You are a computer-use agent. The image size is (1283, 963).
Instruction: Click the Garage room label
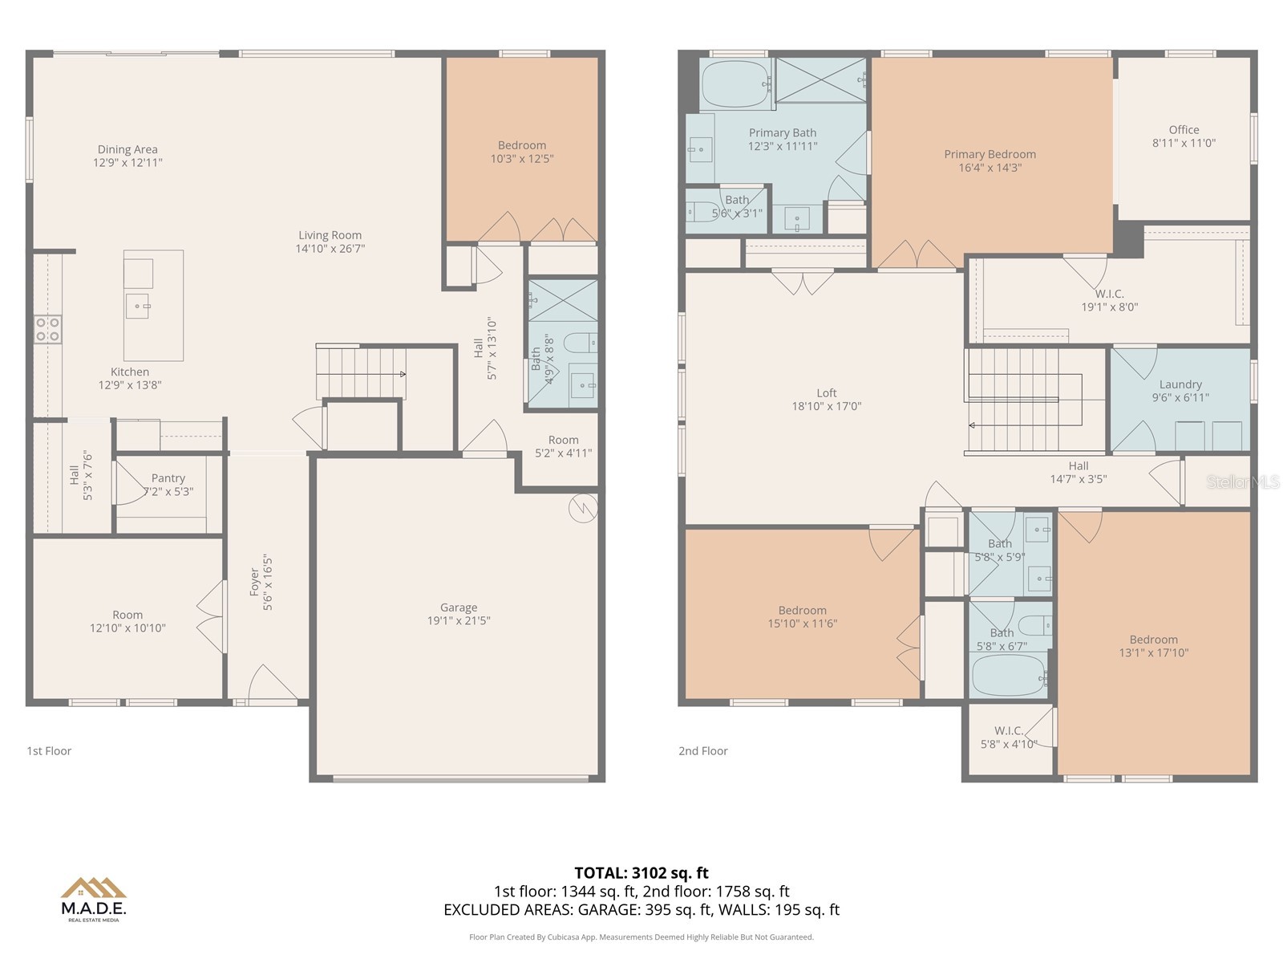pyautogui.click(x=458, y=607)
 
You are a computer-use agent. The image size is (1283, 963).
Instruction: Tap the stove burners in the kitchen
pyautogui.click(x=47, y=330)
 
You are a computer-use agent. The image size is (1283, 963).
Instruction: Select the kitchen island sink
pyautogui.click(x=137, y=306)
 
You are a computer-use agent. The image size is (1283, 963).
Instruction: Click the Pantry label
pyautogui.click(x=168, y=478)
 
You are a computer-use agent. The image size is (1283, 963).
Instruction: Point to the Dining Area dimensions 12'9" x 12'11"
pyautogui.click(x=127, y=162)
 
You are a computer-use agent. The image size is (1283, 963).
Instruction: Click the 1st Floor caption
pyautogui.click(x=49, y=751)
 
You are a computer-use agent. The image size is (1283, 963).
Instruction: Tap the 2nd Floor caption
pyautogui.click(x=703, y=751)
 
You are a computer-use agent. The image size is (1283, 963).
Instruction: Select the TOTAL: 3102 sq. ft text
pyautogui.click(x=641, y=872)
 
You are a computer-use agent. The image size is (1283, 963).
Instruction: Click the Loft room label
pyautogui.click(x=826, y=393)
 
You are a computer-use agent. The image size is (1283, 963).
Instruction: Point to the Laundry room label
pyautogui.click(x=1180, y=384)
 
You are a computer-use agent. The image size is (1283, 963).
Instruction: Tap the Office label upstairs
pyautogui.click(x=1184, y=130)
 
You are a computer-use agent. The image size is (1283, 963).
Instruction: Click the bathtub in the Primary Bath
pyautogui.click(x=735, y=83)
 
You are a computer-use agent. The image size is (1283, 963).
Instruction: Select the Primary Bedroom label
pyautogui.click(x=990, y=154)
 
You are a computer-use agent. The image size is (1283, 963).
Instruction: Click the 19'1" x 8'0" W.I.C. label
pyautogui.click(x=1109, y=300)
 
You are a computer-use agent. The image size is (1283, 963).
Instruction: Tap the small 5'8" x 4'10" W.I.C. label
pyautogui.click(x=1008, y=737)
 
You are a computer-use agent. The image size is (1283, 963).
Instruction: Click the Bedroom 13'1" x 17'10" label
pyautogui.click(x=1153, y=646)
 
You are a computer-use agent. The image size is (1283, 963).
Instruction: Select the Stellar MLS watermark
pyautogui.click(x=1243, y=481)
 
